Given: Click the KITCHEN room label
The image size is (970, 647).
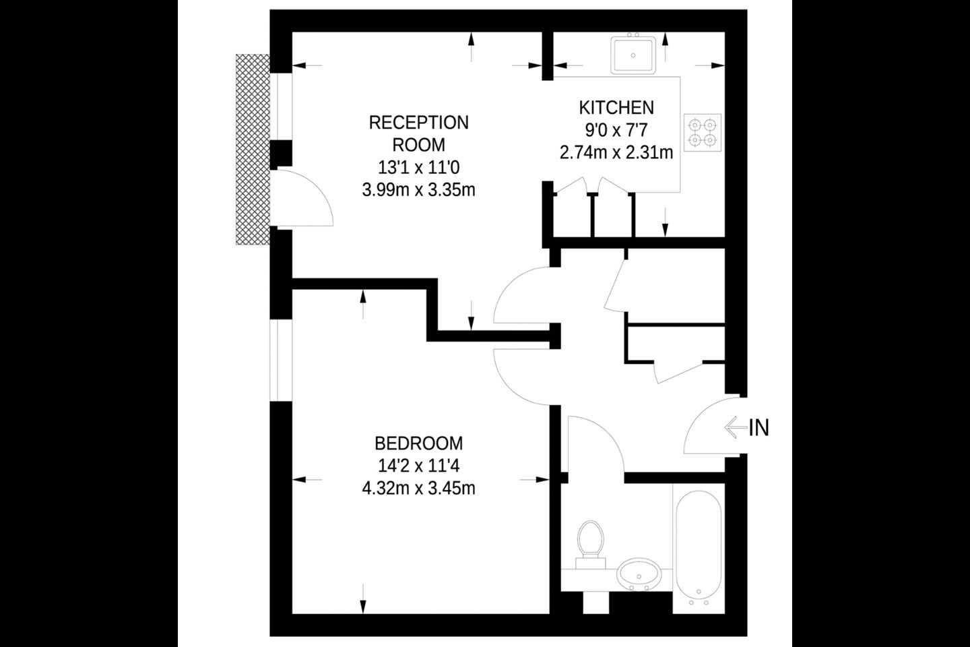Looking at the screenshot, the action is click(616, 107).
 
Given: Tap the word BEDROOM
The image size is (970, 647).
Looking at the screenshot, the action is click(419, 443).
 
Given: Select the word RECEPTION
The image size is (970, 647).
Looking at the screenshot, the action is click(419, 123).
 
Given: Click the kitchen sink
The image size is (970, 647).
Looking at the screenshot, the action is click(633, 55).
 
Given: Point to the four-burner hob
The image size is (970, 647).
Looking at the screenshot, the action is click(703, 133).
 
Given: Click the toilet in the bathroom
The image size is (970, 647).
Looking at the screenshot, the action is click(591, 545).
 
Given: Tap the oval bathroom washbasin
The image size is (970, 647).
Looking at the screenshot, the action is click(639, 574).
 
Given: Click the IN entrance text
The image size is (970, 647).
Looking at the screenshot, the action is click(758, 428).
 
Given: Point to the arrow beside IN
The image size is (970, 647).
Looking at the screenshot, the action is click(736, 428).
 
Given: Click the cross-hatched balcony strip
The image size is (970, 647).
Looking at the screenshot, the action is click(253, 149).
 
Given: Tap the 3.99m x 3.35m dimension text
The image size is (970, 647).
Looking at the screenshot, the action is click(419, 190).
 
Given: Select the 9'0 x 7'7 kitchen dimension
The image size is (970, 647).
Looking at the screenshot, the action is click(616, 130).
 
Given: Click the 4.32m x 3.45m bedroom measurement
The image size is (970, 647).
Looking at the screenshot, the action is click(419, 489).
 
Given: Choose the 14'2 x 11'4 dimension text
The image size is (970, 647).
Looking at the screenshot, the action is click(419, 466).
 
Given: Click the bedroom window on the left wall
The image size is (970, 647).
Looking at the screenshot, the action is click(281, 361).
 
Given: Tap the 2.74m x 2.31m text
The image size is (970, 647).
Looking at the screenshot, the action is click(616, 152).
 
